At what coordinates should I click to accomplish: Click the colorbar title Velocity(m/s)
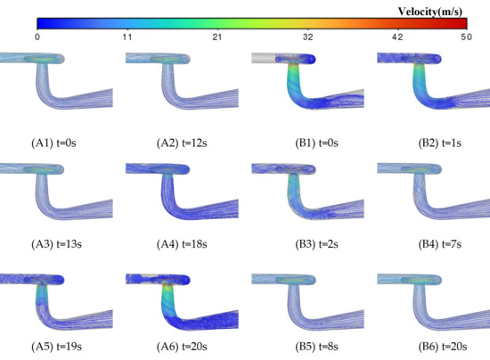click(x=430, y=12)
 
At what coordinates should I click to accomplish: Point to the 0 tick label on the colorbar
click(x=37, y=37)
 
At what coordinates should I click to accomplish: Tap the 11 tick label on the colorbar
click(x=127, y=37)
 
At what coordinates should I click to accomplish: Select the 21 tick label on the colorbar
click(x=217, y=37)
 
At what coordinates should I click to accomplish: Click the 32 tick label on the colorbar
click(x=308, y=37)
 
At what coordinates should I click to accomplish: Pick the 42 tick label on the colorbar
click(x=397, y=37)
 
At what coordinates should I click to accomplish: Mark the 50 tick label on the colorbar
click(x=466, y=37)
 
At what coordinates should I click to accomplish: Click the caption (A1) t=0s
click(x=53, y=143)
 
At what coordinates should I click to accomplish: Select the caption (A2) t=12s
click(x=182, y=143)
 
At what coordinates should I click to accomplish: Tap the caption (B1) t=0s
click(x=316, y=143)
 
